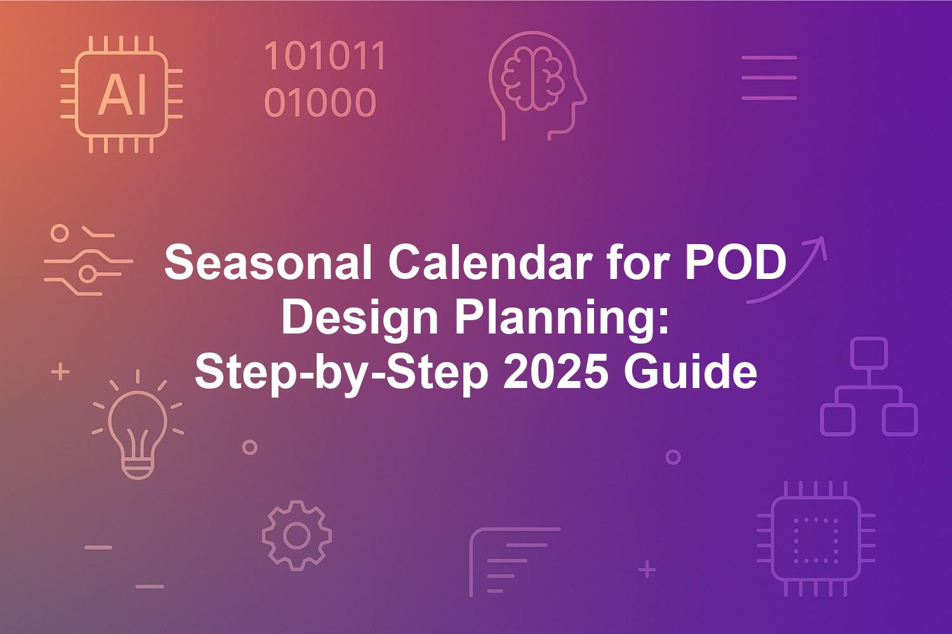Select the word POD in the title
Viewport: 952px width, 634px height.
pyautogui.click(x=734, y=262)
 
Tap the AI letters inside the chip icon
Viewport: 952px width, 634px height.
pyautogui.click(x=122, y=94)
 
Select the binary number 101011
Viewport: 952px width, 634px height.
pyautogui.click(x=325, y=56)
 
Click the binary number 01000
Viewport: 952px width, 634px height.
pyautogui.click(x=320, y=102)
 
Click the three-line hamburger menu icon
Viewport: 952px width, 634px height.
pyautogui.click(x=769, y=78)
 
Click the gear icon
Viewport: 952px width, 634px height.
pyautogui.click(x=296, y=536)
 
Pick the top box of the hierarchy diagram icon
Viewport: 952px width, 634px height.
pyautogui.click(x=869, y=353)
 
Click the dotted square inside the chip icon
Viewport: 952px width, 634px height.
pyautogui.click(x=816, y=540)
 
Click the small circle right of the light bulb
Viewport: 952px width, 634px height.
pyautogui.click(x=250, y=447)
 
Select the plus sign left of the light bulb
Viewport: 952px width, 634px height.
pyautogui.click(x=60, y=372)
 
